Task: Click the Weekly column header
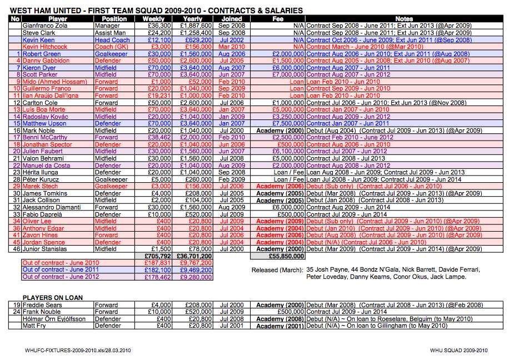coord(153,19)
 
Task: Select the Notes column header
coord(404,19)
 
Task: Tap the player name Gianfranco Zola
coord(45,26)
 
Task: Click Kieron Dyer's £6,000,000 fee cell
coord(288,68)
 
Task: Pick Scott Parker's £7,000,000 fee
coord(288,75)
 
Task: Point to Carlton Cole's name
coord(40,103)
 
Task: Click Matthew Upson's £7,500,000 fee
coord(288,123)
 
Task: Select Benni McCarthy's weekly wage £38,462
coord(159,137)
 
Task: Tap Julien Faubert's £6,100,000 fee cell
coord(288,151)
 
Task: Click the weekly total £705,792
coord(158,256)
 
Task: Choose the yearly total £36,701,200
coord(194,256)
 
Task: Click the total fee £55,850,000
coord(287,256)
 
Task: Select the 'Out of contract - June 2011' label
coord(61,269)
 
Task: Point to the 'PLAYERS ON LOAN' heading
coord(52,298)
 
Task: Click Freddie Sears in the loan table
coord(42,305)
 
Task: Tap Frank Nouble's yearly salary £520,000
coord(198,312)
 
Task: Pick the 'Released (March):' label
coord(277,270)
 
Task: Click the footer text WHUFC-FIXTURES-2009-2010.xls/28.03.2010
coord(78,350)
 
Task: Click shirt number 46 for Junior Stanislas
coord(17,249)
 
